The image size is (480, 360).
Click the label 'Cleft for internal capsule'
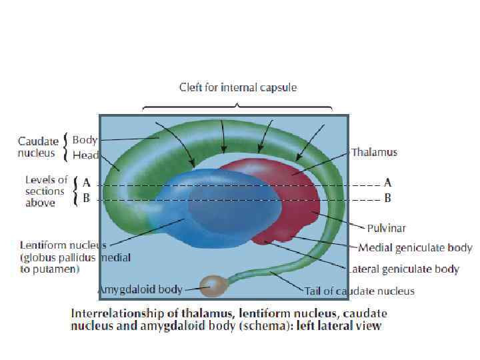(238, 87)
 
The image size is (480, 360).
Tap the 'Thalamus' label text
(374, 152)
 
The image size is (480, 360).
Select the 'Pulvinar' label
(386, 228)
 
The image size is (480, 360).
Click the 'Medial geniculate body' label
(415, 248)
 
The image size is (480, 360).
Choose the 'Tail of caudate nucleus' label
(359, 291)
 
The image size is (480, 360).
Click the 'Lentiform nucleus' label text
(63, 245)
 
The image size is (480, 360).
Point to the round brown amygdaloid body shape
(214, 286)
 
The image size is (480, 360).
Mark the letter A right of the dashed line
(387, 182)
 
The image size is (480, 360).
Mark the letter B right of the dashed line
(387, 198)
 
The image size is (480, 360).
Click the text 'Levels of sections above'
(46, 191)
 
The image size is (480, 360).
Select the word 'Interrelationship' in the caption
(111, 313)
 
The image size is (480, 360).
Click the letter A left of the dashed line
(86, 181)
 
